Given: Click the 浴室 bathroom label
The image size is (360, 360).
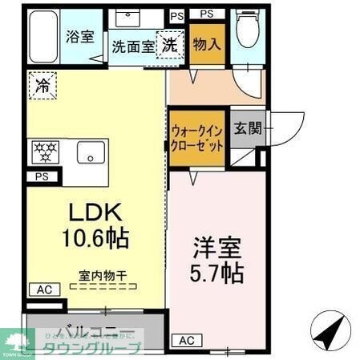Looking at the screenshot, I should pos(79,36).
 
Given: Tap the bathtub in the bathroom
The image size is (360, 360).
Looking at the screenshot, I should pos(40,36).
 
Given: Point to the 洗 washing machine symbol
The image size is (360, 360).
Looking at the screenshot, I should pos(170,46).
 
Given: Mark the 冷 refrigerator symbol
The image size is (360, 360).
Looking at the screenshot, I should pos(40,85).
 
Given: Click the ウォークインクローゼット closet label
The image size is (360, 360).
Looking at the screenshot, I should pos(196,139).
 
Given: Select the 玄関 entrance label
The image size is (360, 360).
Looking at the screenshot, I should pos(246,127).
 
